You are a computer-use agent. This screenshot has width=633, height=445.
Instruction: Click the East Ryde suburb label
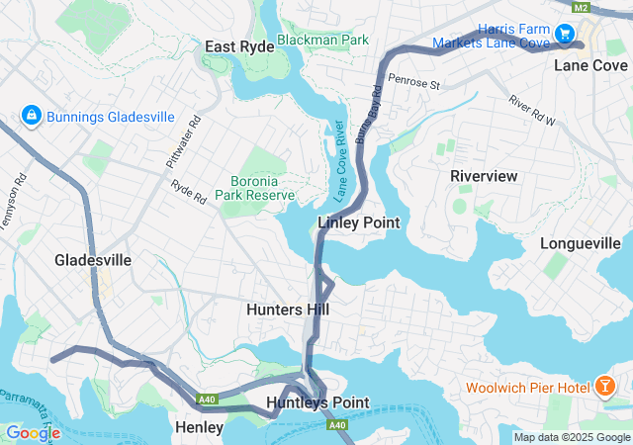point(239,46)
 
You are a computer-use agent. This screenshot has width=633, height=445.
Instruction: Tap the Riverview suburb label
point(484,175)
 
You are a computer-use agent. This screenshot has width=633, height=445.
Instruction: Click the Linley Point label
point(359,222)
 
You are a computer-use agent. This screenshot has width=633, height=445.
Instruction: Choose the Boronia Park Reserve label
point(262,188)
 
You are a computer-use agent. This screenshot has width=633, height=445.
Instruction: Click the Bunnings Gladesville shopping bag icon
point(31,117)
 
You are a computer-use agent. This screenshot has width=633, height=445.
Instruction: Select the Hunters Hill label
point(287,310)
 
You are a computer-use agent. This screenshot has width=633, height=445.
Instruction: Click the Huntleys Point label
point(317,402)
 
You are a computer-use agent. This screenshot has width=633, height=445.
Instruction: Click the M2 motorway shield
point(582,8)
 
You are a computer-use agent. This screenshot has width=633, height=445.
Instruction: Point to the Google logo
point(33,433)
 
